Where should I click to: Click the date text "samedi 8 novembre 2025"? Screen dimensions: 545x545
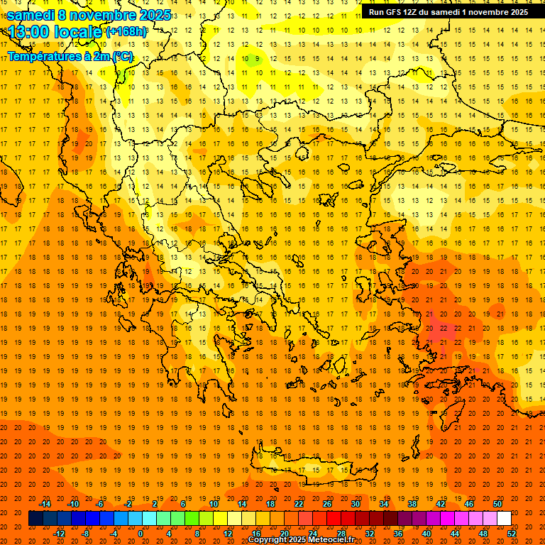point(89,15)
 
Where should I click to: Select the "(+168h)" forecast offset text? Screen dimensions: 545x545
point(126,31)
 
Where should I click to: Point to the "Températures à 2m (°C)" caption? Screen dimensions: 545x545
point(70,56)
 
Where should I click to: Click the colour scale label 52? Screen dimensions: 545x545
point(512,533)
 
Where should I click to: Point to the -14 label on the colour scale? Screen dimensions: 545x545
point(45,504)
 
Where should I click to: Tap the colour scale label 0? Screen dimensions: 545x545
point(140,533)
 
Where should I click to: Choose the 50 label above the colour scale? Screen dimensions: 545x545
point(497,504)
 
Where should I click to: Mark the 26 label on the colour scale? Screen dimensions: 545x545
point(327,504)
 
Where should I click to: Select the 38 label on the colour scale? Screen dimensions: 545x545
point(412,504)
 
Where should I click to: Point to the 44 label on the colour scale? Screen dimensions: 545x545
point(455,533)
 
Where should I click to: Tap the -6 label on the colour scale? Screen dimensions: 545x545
point(101,504)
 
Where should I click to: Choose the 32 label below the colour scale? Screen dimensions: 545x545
point(370,533)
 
